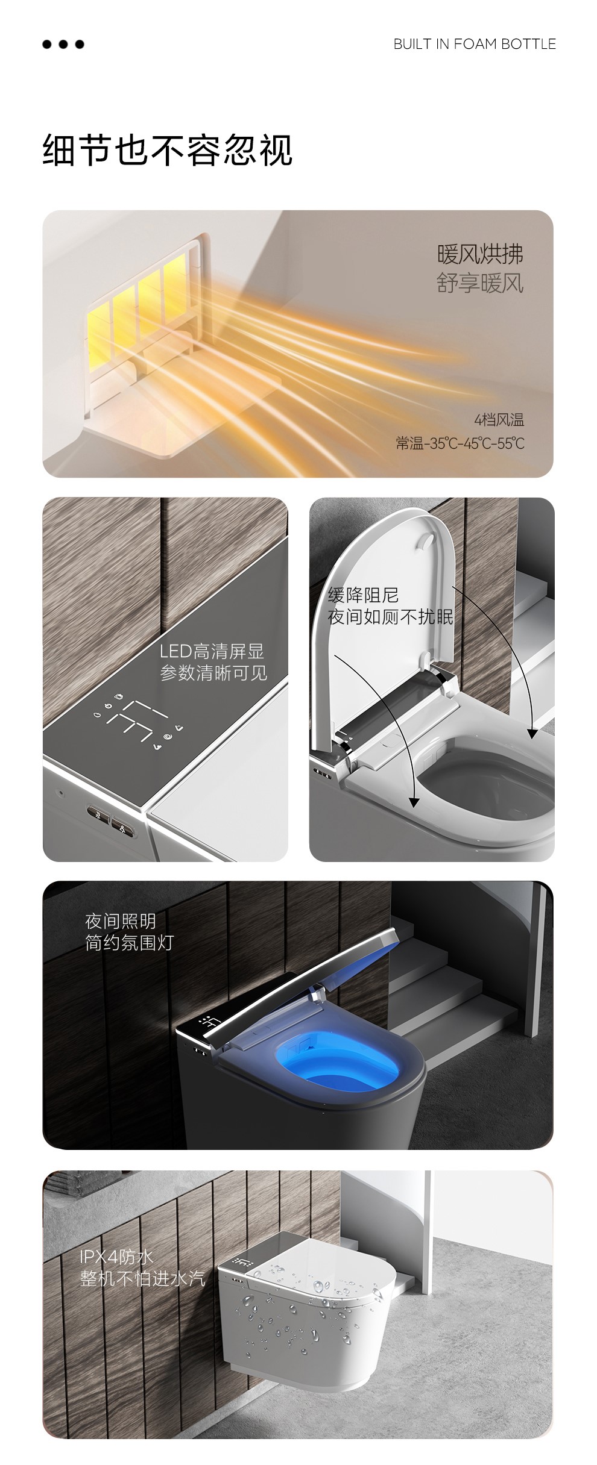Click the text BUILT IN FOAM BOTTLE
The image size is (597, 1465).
[x=475, y=44]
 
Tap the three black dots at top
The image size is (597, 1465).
[x=63, y=44]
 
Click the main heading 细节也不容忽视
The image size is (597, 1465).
[x=168, y=150]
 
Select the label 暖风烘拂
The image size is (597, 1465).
[x=480, y=254]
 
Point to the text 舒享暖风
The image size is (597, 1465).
[x=480, y=283]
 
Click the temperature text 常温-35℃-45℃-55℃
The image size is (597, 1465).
[x=460, y=444]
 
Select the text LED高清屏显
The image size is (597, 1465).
[x=212, y=651]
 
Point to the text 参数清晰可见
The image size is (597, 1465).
[x=213, y=673]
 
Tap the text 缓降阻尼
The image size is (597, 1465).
[x=363, y=595]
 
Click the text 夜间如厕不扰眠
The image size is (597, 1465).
[x=390, y=617]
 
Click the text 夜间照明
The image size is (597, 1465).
[x=121, y=921]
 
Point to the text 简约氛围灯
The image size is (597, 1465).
[x=129, y=943]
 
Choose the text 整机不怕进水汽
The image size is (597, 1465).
[x=143, y=1278]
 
